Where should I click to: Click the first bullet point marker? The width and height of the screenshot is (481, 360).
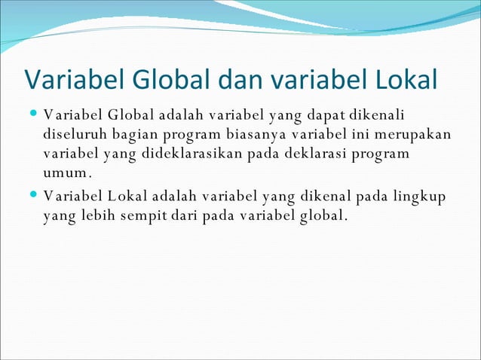33,115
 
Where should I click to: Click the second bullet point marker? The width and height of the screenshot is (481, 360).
33,197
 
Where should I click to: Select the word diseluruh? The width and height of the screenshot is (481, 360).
72,135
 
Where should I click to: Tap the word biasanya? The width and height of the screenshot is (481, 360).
256,135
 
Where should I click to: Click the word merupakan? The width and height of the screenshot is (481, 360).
413,135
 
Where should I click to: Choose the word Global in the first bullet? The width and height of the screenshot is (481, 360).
131,115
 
